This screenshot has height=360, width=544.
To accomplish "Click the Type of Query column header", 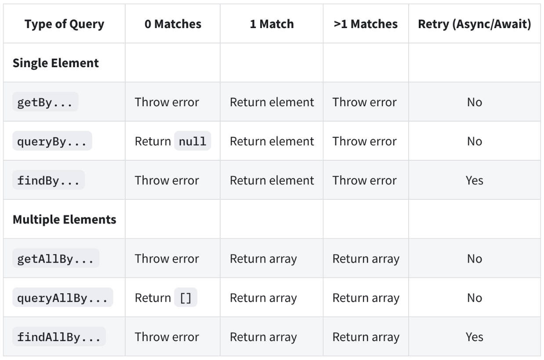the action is click(x=64, y=24).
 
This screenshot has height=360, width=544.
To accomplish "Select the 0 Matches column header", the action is click(x=173, y=24).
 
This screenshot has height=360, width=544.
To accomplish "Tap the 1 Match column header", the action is click(x=272, y=24).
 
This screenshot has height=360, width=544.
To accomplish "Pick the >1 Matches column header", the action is click(x=366, y=24).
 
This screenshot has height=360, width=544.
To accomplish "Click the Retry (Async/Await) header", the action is click(x=474, y=24).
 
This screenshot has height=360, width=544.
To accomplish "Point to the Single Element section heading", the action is click(x=56, y=63).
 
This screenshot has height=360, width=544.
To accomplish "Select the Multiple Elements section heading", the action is click(x=64, y=220).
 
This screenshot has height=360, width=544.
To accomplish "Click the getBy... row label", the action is click(x=45, y=102).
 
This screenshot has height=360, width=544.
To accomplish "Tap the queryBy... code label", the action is click(x=52, y=141).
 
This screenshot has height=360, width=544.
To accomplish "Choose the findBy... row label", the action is click(x=48, y=180).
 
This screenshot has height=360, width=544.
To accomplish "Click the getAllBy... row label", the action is click(x=55, y=259).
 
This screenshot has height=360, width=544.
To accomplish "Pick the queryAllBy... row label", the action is click(x=62, y=298).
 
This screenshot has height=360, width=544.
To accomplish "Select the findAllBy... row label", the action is click(x=59, y=337).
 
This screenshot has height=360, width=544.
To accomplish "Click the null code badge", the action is click(x=192, y=141).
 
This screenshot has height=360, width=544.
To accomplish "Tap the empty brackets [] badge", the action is click(x=186, y=298).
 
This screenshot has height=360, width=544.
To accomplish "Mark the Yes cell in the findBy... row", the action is click(x=474, y=180).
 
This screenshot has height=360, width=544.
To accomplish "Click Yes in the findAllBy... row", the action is click(x=474, y=337).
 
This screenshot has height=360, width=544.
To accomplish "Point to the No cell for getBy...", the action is click(x=474, y=102).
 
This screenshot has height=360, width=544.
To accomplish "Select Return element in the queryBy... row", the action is click(x=272, y=141).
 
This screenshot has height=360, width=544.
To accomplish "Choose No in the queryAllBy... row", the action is click(x=474, y=298).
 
